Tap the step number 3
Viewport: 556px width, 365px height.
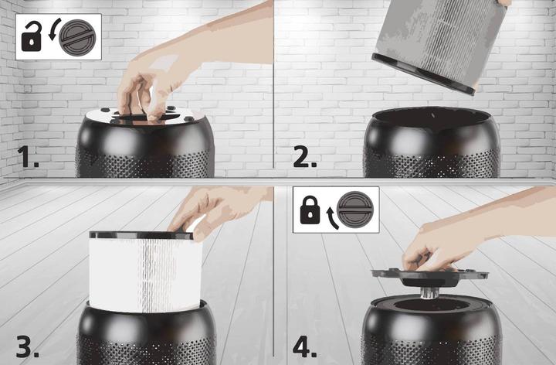28,347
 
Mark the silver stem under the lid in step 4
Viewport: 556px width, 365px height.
428,293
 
